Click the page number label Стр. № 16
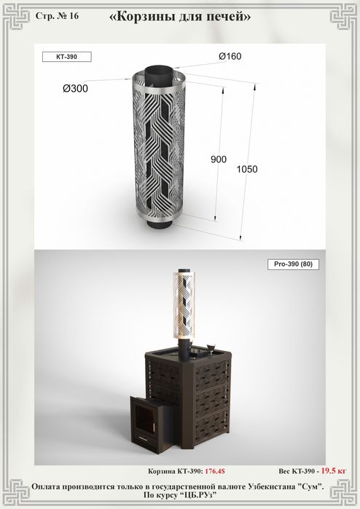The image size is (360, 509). [57, 16]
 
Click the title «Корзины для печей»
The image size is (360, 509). [180, 16]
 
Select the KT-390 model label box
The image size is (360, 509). [66, 57]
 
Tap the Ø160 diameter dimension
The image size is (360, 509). [230, 56]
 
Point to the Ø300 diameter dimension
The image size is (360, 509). [75, 88]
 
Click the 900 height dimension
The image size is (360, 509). [219, 159]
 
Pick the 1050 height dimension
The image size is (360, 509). [247, 169]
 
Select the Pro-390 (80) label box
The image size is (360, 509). [293, 264]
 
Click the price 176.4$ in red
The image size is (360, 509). [215, 471]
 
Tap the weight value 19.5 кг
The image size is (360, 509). [334, 470]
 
